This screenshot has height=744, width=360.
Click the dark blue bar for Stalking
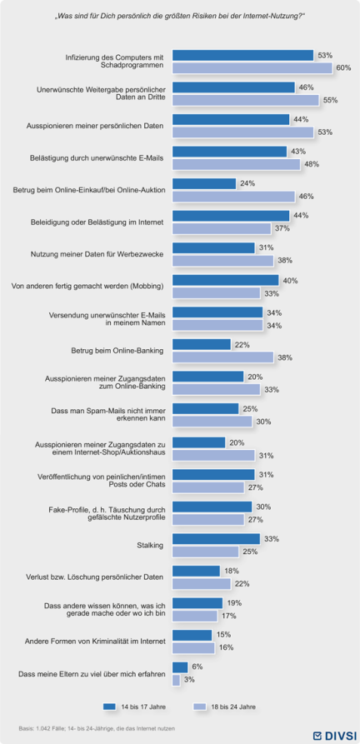[x=216, y=539]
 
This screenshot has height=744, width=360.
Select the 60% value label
[x=343, y=67]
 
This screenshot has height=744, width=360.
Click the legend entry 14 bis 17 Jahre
[x=135, y=707]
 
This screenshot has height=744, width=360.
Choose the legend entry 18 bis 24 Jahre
[x=225, y=707]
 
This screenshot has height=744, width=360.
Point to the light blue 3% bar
[x=176, y=680]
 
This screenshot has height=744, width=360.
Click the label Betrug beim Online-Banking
[x=117, y=351]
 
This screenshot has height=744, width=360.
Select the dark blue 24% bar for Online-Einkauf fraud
[x=204, y=183]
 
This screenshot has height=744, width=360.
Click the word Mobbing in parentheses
[x=149, y=287]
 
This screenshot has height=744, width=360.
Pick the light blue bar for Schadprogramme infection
[x=252, y=68]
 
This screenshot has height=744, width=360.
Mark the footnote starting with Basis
[x=99, y=728]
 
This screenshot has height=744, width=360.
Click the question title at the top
[x=180, y=17]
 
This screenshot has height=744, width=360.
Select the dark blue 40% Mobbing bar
[x=225, y=280]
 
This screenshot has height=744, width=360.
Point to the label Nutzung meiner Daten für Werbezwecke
[x=97, y=254]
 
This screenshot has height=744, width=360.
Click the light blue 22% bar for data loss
[x=202, y=584]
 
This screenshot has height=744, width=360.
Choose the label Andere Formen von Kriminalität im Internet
[x=94, y=642]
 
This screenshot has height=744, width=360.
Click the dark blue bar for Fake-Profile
[x=212, y=507]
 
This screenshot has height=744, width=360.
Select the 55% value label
[x=330, y=100]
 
